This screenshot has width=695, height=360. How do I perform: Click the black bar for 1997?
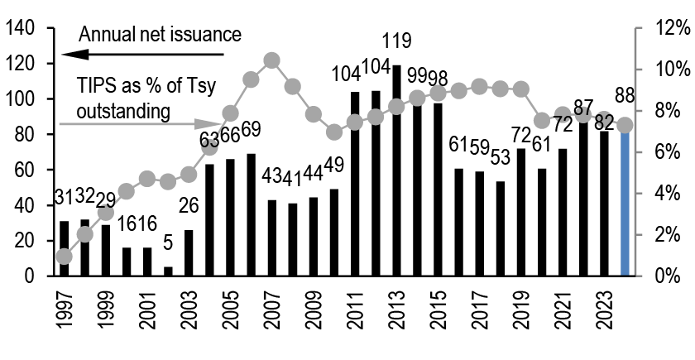click(x=65, y=248)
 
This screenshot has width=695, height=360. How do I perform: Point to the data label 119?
click(x=397, y=41)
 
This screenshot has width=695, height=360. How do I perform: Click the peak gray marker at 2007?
click(x=272, y=60)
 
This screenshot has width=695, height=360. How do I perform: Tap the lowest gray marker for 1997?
click(x=65, y=257)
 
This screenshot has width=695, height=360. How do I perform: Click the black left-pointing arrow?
click(x=141, y=55)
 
